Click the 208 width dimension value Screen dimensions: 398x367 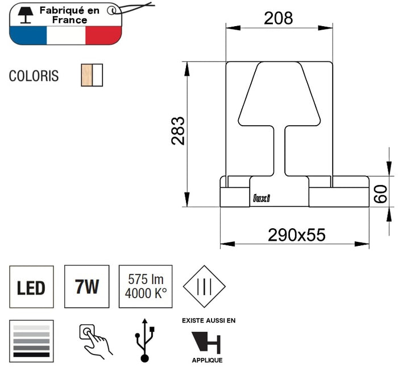point(279,18)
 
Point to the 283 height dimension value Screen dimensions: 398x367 point(178,131)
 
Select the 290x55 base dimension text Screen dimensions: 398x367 point(296,234)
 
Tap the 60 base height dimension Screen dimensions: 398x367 point(380,194)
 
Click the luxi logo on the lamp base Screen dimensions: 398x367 point(262,198)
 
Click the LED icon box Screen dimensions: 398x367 point(31,287)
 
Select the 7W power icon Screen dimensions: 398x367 point(87,287)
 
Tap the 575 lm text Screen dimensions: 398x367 point(146,279)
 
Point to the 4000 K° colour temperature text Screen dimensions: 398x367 point(146,294)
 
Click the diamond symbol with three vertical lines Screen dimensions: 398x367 point(204,287)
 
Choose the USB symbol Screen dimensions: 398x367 point(144,340)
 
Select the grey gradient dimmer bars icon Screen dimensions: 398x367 point(31,341)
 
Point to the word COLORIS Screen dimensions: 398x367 point(34,76)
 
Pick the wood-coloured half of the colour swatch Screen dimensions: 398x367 point(86,75)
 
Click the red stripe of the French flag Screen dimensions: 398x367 point(103,35)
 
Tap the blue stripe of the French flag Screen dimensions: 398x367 point(28,35)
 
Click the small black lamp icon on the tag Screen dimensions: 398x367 point(26,15)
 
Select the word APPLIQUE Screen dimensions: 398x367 point(207,360)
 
